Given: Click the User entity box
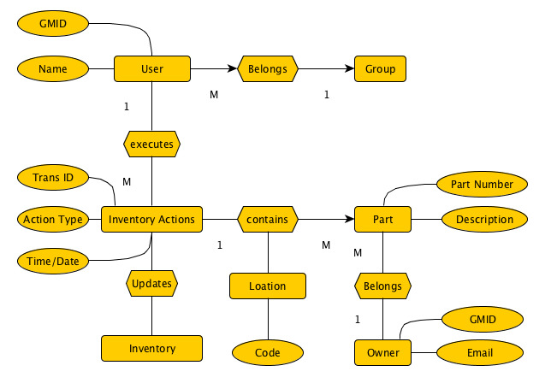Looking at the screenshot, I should point(151,68).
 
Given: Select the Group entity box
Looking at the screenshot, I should point(380,68).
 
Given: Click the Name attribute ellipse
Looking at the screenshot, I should point(53,68).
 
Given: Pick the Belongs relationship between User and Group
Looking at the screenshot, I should point(267,68).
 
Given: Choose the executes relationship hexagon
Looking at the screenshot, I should point(151,144).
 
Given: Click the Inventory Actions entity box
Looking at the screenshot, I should point(151,219).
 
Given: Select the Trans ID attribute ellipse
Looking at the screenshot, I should point(53,178).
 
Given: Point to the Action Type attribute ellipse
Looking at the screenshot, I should point(53,219).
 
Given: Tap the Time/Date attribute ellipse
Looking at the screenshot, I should point(53,260).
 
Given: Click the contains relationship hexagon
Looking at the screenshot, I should point(267,219).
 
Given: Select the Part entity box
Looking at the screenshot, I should point(382,219).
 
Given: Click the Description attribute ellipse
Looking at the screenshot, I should point(484,219).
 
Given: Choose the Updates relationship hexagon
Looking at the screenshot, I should point(151,282).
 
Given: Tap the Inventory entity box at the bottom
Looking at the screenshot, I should point(151,348).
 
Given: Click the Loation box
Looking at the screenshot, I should point(267,286).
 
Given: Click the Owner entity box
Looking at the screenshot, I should point(382,351).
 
